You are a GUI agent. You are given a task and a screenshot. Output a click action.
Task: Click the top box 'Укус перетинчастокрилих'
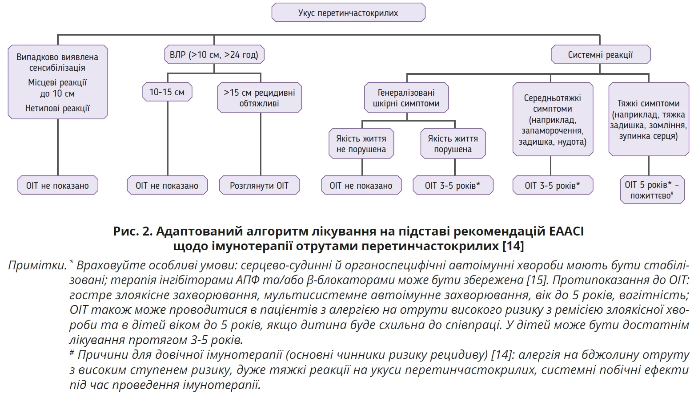(x=348, y=13)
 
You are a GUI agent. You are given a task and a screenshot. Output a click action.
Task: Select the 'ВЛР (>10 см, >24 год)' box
(x=214, y=55)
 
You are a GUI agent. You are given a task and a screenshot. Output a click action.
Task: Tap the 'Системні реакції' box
(x=600, y=55)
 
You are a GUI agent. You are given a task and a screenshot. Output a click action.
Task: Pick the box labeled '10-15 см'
(x=167, y=92)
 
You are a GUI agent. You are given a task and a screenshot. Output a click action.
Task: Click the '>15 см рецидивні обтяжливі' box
(x=259, y=97)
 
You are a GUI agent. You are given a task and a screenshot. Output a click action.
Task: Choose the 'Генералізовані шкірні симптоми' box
(x=406, y=98)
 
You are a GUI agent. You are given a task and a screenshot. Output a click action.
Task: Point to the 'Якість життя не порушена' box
(x=361, y=144)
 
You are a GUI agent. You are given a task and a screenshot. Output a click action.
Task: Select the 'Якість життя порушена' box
(x=453, y=144)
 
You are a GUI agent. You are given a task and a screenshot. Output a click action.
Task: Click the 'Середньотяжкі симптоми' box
(x=552, y=119)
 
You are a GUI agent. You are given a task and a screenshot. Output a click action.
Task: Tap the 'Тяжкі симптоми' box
(x=648, y=119)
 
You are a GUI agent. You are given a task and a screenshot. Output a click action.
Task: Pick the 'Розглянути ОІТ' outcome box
(x=259, y=186)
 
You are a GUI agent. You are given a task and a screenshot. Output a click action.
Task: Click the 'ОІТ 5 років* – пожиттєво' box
(x=652, y=190)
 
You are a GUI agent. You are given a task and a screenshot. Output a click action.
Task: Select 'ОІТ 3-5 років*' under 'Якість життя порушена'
(x=453, y=186)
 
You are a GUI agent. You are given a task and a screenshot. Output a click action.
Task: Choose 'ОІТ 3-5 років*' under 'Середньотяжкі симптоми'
(x=552, y=186)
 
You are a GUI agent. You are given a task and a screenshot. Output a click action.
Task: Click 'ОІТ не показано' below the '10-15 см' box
(x=167, y=186)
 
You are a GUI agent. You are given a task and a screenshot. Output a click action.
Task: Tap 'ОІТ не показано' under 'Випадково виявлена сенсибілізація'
(x=57, y=186)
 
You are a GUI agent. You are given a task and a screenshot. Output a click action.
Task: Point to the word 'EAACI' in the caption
(x=566, y=232)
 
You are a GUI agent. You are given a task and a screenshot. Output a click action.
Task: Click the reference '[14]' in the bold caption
(x=513, y=246)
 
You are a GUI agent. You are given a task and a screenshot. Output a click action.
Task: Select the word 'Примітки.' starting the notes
(x=37, y=266)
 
